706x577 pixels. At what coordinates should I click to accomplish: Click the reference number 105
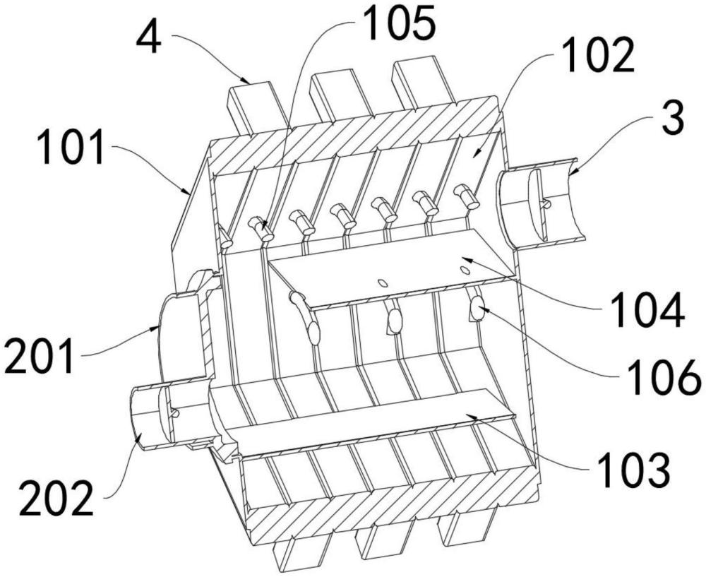coord(399,23)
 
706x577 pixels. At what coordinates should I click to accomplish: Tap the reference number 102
coord(599,56)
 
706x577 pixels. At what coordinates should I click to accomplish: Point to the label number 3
coord(672,117)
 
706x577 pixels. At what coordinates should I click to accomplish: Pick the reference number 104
coord(649,310)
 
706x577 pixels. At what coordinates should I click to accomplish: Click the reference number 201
coord(39,357)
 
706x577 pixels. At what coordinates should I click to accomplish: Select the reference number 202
coord(56,499)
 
